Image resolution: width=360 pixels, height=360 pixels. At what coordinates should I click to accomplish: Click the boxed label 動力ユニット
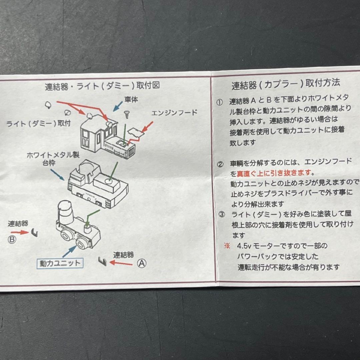pyautogui.click(x=60, y=263)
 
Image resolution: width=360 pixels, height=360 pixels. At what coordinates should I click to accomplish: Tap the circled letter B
pyautogui.click(x=12, y=240)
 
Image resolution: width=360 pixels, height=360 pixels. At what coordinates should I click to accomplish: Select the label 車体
pyautogui.click(x=131, y=100)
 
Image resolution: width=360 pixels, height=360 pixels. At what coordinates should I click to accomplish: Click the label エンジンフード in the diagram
pyautogui.click(x=174, y=113)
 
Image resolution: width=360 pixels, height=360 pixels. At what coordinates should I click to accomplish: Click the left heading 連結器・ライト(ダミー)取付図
pyautogui.click(x=102, y=86)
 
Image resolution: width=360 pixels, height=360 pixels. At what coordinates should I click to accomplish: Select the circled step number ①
pyautogui.click(x=219, y=102)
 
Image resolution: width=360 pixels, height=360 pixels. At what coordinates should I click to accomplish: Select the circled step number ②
pyautogui.click(x=220, y=164)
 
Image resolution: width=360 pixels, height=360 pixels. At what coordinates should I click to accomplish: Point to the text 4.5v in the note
pyautogui.click(x=244, y=246)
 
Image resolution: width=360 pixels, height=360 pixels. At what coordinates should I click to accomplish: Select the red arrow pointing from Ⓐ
pyautogui.click(x=121, y=263)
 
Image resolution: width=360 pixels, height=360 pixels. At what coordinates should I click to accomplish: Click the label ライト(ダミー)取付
pyautogui.click(x=38, y=124)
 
